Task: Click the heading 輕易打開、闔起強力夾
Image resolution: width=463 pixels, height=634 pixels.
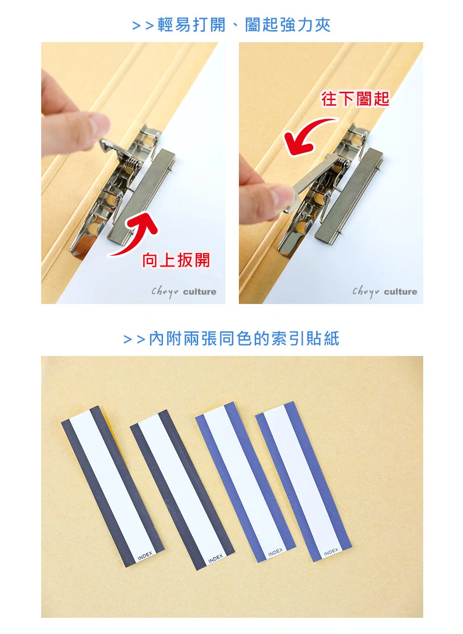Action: pos(244,25)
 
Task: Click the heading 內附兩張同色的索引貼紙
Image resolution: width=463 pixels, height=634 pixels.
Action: pos(244,338)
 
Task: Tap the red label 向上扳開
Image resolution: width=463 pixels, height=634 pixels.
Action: pos(176,260)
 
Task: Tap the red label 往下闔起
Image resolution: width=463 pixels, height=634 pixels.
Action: pos(355,99)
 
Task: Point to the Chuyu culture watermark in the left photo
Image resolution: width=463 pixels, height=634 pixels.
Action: pos(184,292)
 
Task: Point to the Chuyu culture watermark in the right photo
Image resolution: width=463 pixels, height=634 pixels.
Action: pos(385,292)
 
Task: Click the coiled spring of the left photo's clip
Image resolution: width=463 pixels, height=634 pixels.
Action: pos(133,164)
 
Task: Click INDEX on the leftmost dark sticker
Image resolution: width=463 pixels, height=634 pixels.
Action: pos(145,556)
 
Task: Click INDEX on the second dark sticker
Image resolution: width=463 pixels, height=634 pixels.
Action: pos(215,558)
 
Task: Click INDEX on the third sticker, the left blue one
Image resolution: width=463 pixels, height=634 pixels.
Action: pos(275,552)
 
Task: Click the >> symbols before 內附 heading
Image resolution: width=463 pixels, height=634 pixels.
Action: pos(135,339)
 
